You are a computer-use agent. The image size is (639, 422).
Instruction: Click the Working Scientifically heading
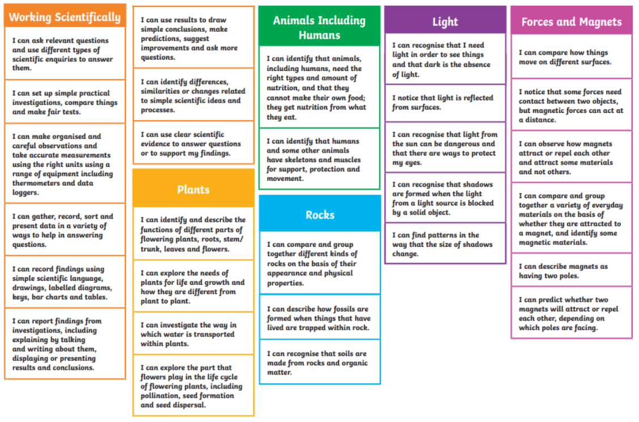(65, 17)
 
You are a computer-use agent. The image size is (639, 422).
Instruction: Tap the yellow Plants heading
(193, 189)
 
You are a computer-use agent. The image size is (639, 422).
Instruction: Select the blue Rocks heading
(320, 215)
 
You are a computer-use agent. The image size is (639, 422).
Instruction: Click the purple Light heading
(445, 22)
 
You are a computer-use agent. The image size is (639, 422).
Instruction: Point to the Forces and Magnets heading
(572, 22)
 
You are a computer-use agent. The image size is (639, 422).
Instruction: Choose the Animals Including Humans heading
(320, 28)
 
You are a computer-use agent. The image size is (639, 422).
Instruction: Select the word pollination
(162, 395)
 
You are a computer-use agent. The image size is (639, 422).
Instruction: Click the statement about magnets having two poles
(563, 271)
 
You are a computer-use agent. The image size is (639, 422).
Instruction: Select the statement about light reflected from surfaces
(443, 102)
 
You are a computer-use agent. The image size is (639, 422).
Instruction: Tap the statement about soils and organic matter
(317, 363)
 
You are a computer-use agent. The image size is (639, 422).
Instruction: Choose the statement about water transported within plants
(188, 334)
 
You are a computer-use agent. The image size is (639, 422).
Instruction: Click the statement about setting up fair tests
(65, 102)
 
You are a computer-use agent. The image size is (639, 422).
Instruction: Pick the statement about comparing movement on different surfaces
(565, 57)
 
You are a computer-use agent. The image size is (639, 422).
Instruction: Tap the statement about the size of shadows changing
(442, 244)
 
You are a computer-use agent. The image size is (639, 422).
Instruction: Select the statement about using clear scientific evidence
(191, 144)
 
